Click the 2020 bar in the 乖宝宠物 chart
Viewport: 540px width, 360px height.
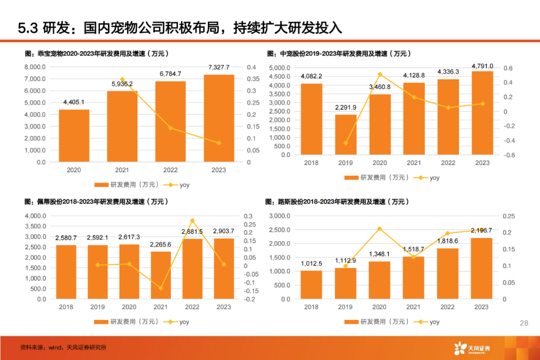[74, 135]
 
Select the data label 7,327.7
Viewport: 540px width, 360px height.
[219, 67]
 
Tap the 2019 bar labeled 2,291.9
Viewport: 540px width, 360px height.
[345, 134]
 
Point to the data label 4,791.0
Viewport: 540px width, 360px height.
[482, 66]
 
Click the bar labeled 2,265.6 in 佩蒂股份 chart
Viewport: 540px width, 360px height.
[160, 275]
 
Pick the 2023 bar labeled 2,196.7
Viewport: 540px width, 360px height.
[482, 268]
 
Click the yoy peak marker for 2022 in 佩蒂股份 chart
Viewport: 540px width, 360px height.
[192, 220]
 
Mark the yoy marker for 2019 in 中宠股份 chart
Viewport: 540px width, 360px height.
[345, 143]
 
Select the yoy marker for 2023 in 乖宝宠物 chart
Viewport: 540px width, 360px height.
[219, 143]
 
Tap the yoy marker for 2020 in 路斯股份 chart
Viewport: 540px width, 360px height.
[379, 229]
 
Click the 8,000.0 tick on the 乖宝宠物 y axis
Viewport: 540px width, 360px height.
[35, 67]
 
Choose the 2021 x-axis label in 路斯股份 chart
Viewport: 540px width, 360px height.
[413, 307]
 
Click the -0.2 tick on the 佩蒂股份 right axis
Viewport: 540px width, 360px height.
[251, 299]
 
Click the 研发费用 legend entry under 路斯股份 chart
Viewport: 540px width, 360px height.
[377, 322]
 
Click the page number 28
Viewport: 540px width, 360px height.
[524, 323]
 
